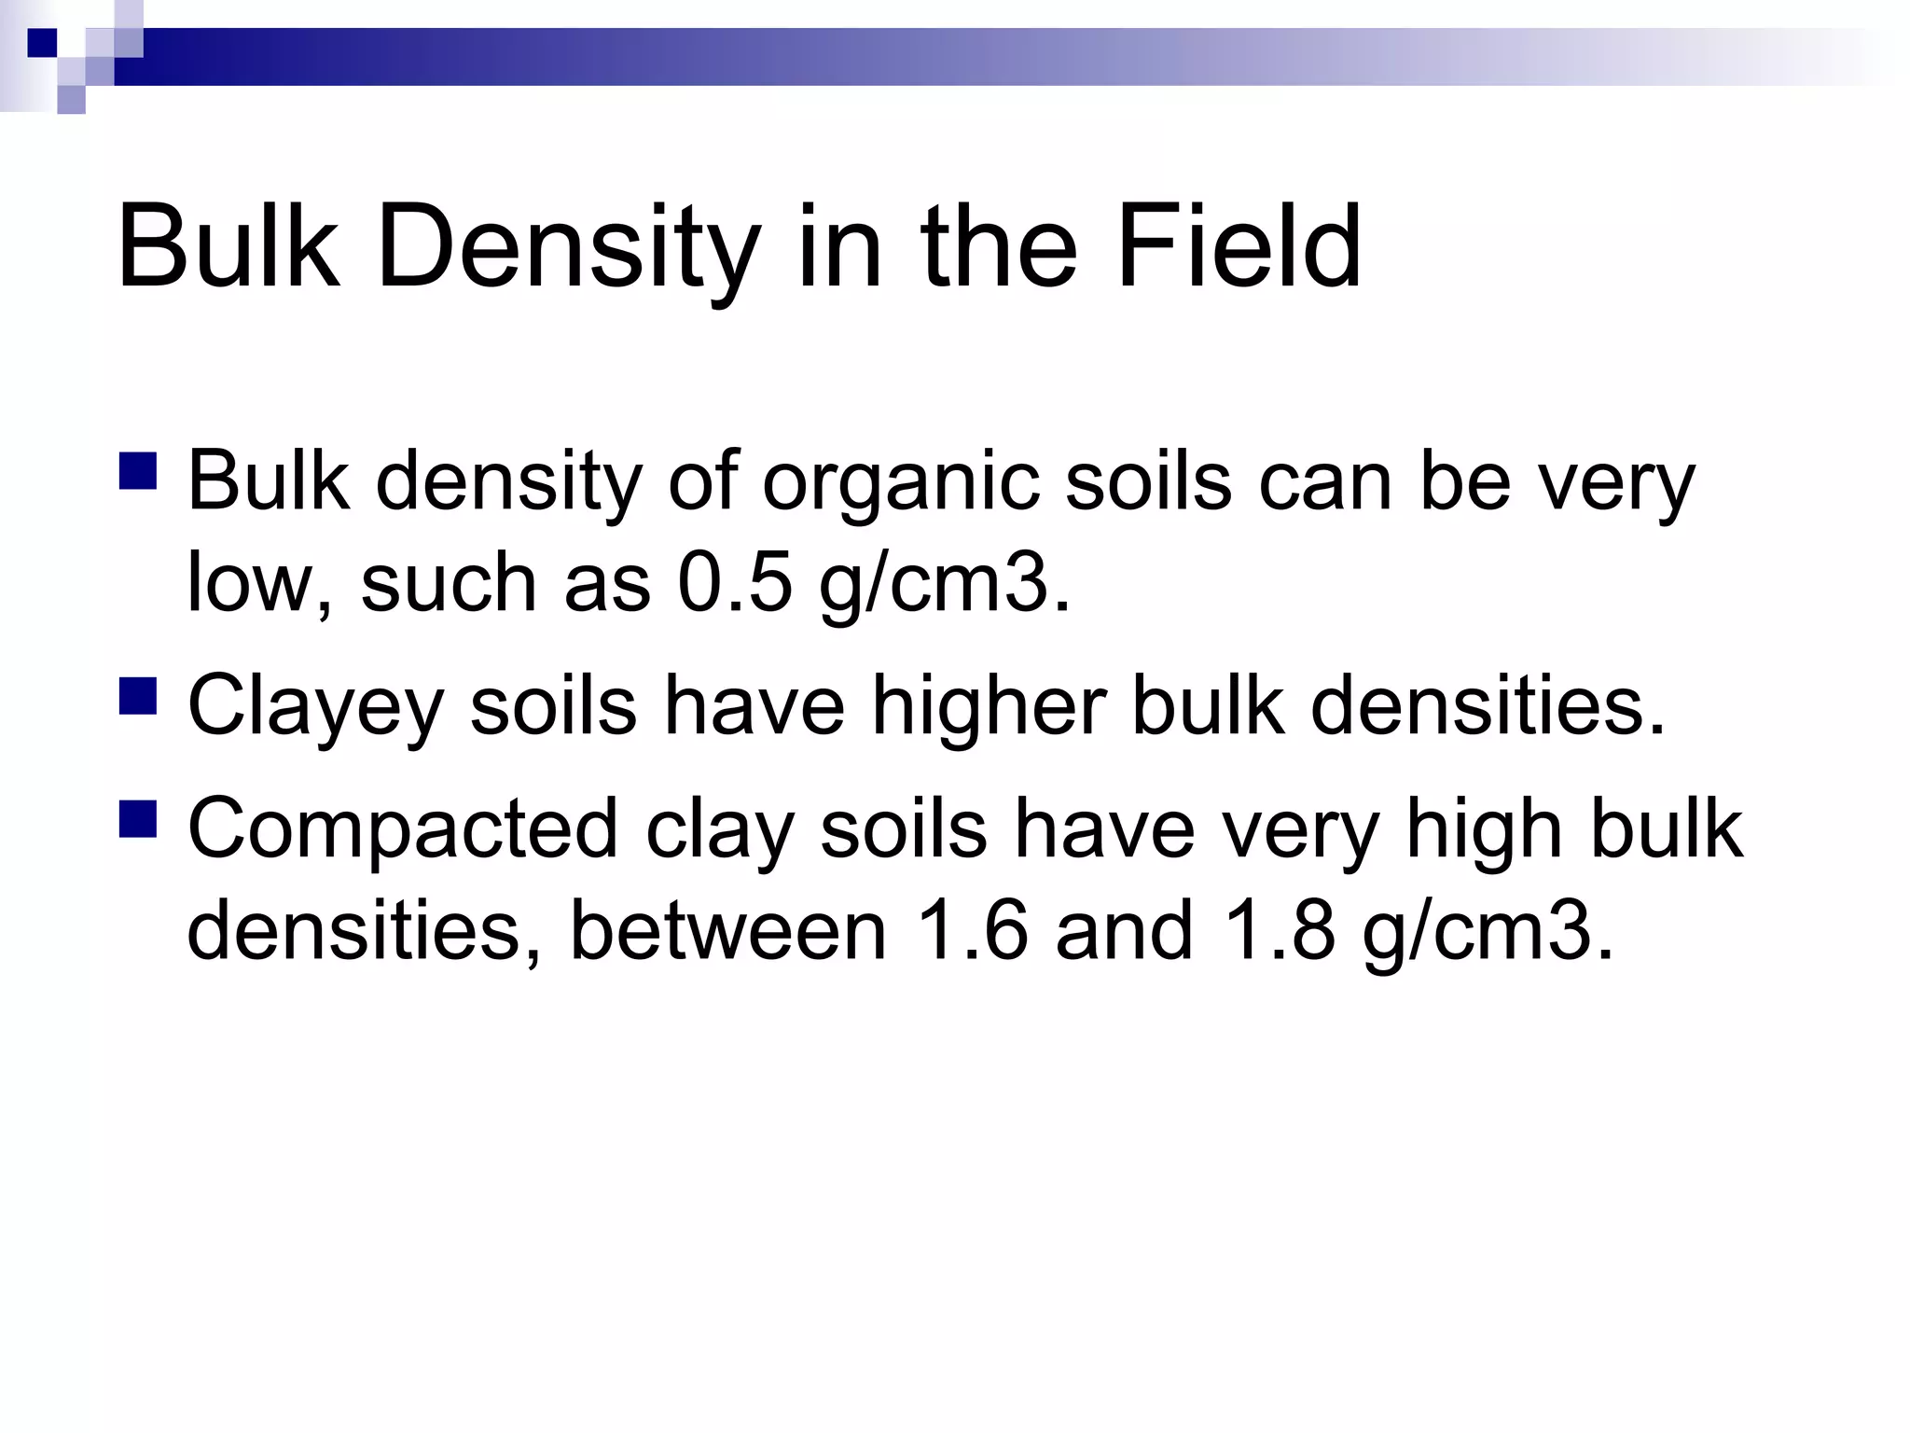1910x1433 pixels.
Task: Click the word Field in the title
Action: tap(1238, 248)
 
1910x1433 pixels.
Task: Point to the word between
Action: tap(727, 931)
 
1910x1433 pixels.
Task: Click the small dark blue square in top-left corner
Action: tap(41, 42)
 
